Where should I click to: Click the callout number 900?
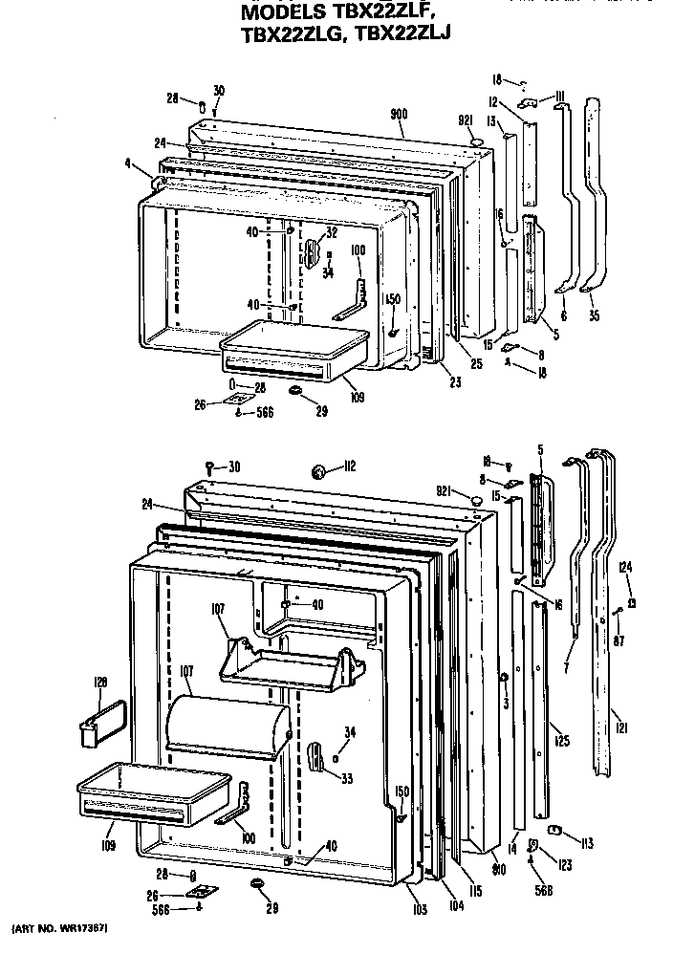click(x=399, y=115)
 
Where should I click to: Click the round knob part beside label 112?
click(x=320, y=470)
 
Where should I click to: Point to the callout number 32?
click(x=332, y=232)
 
